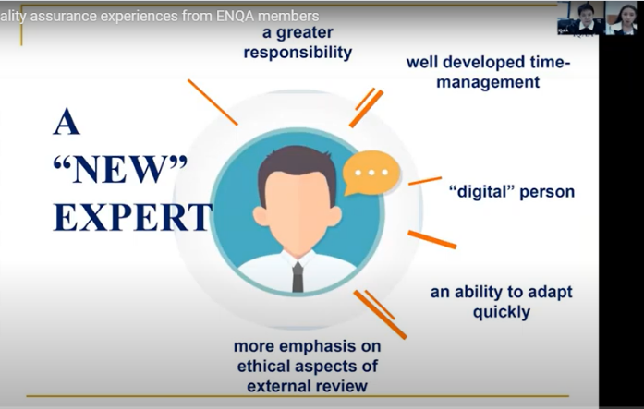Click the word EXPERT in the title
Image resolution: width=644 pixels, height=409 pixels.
coord(133,216)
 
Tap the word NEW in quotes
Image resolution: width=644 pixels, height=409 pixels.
coord(120,169)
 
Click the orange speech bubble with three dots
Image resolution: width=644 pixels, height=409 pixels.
coord(371,173)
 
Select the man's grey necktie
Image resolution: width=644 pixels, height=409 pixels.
coord(298,277)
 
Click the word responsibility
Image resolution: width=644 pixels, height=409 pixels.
coord(298,53)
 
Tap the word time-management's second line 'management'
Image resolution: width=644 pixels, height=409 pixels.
coord(488,82)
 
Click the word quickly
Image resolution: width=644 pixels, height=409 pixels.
coord(502,313)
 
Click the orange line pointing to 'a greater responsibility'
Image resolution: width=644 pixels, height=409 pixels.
coord(213,102)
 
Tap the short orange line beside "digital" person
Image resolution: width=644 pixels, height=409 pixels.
coord(425,181)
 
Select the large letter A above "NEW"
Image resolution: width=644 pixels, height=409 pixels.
coord(67,121)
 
